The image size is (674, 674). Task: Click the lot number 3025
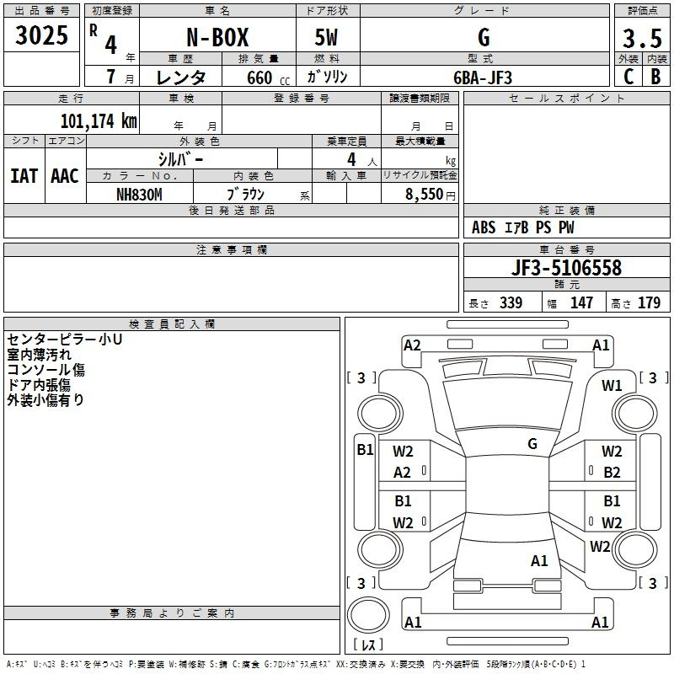click(x=41, y=35)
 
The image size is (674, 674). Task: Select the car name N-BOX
click(x=217, y=37)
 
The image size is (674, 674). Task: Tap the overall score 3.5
click(x=642, y=39)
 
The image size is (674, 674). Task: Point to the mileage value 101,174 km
click(x=99, y=121)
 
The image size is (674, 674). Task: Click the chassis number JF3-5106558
click(x=566, y=268)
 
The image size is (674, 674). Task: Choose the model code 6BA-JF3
click(x=483, y=78)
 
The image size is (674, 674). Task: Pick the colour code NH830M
click(x=139, y=195)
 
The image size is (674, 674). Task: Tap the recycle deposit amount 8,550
click(x=425, y=195)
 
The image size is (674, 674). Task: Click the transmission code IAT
click(x=24, y=176)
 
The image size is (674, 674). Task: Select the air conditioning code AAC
click(x=65, y=176)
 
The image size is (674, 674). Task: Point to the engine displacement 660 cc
click(x=268, y=78)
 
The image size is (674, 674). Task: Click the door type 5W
click(x=326, y=37)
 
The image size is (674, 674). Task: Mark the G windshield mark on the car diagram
click(x=532, y=444)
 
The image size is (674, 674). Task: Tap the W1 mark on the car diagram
click(x=612, y=386)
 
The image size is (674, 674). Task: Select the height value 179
click(x=649, y=303)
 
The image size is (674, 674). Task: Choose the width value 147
click(x=581, y=303)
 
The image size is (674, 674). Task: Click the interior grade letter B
click(x=655, y=77)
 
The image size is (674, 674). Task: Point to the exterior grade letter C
click(x=629, y=77)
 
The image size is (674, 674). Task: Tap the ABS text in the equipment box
click(x=484, y=227)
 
